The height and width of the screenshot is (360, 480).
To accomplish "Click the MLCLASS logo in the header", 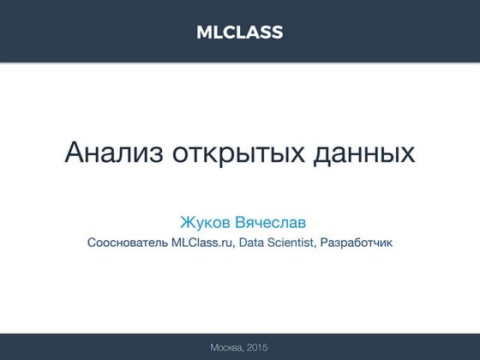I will pos(239,33).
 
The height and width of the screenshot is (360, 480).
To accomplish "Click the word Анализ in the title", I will pos(102,153).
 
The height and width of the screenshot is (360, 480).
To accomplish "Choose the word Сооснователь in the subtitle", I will pos(126,243).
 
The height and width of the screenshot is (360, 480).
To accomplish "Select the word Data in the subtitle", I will pos(252,243).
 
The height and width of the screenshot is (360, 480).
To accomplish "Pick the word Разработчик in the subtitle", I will pos(357,243).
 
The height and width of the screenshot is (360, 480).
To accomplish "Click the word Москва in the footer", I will pos(225,346).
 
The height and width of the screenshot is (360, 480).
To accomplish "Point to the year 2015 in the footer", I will pos(257,346).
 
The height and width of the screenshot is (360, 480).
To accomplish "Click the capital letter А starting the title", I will pos(75,153).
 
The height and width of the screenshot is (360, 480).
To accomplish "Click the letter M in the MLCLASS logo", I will pos(204,33).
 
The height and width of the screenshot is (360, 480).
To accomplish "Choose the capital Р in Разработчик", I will pos(327,243).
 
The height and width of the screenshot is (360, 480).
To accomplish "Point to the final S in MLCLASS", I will pos(277,33).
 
